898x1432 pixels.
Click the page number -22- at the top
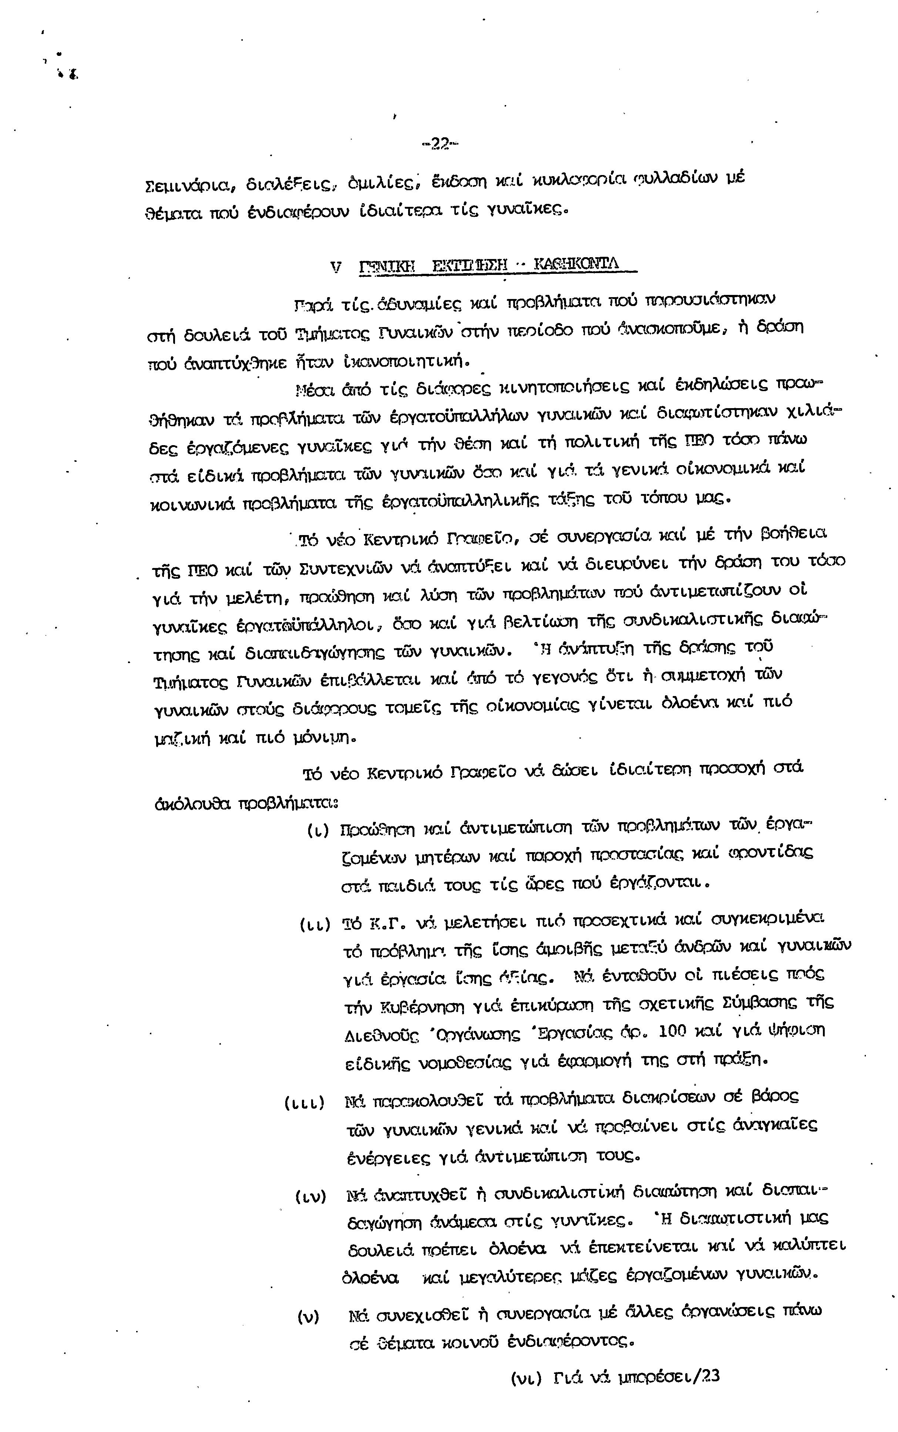tap(440, 144)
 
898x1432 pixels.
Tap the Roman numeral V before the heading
tap(336, 267)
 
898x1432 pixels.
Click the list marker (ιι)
tap(315, 925)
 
